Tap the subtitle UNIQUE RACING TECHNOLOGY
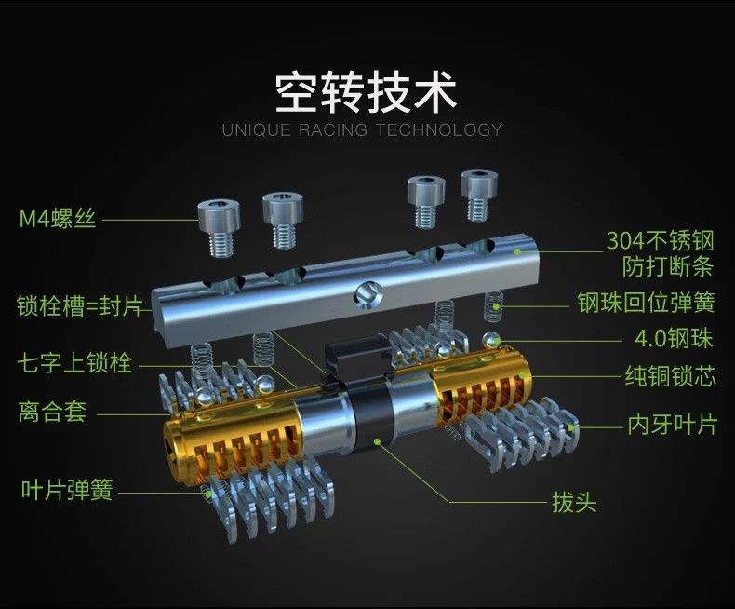pyautogui.click(x=362, y=129)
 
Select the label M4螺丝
pyautogui.click(x=59, y=220)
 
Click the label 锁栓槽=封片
pyautogui.click(x=79, y=306)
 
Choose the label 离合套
pyautogui.click(x=52, y=411)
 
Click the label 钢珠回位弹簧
pyautogui.click(x=646, y=304)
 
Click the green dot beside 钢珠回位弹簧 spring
pyautogui.click(x=499, y=305)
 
